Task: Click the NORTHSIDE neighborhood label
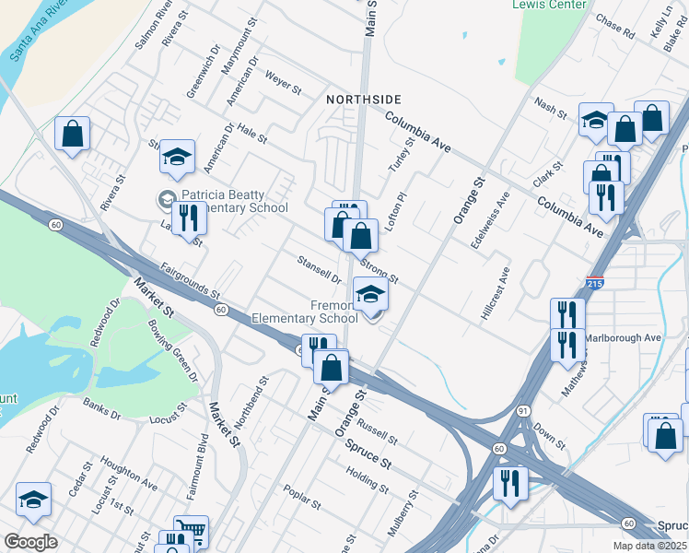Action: pos(364,99)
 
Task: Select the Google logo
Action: pos(30,542)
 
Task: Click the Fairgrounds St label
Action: pos(190,281)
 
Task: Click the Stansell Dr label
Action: pos(320,270)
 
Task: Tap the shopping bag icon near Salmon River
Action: pos(72,134)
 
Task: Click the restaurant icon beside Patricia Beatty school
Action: pos(188,219)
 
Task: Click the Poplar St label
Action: pos(302,499)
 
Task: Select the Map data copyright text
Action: pos(651,546)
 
